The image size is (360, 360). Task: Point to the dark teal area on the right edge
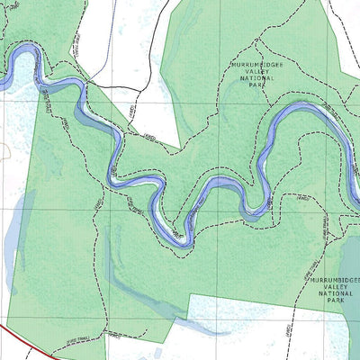351,270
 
